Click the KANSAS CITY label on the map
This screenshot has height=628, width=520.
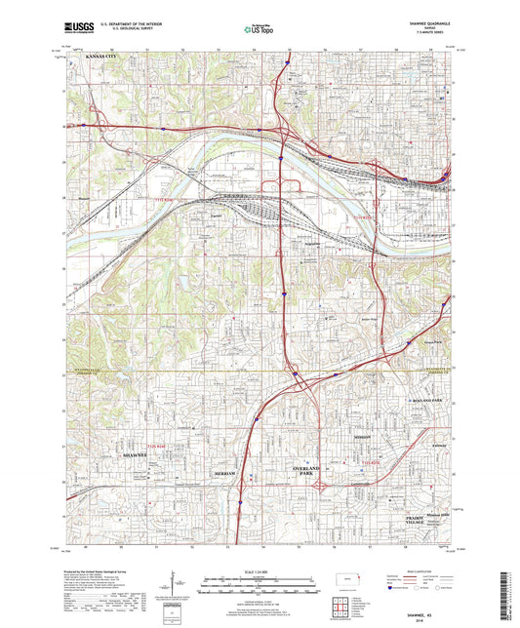(105, 59)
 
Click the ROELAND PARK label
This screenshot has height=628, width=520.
(422, 401)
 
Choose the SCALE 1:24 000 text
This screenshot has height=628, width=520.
(260, 571)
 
